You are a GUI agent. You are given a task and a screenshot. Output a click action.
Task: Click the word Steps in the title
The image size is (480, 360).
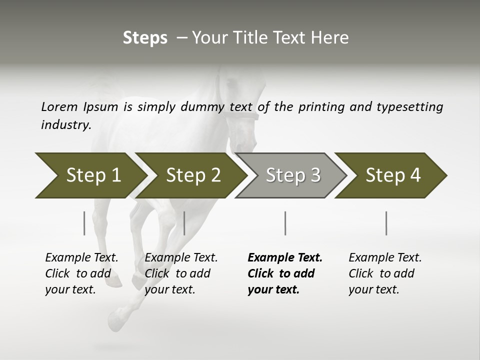click(x=145, y=38)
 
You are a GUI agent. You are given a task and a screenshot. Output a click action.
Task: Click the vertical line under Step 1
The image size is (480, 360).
click(x=84, y=223)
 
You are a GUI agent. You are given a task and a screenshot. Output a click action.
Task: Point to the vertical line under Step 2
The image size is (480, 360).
click(x=184, y=223)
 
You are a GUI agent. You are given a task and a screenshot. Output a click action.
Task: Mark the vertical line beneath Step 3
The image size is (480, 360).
click(x=285, y=223)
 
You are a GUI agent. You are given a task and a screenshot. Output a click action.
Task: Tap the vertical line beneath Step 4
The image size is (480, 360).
click(x=386, y=223)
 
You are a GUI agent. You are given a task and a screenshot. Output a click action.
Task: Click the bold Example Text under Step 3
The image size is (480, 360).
click(x=285, y=273)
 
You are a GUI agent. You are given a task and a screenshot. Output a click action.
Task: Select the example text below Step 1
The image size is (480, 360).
click(x=81, y=273)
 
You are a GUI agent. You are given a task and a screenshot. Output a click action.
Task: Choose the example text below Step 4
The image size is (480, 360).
click(x=385, y=273)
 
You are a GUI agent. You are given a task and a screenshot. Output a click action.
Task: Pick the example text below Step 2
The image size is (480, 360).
click(x=181, y=273)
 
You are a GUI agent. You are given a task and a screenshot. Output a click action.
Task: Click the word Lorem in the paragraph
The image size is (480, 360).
click(x=59, y=106)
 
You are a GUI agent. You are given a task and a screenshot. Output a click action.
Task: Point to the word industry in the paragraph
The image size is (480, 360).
click(x=65, y=125)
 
